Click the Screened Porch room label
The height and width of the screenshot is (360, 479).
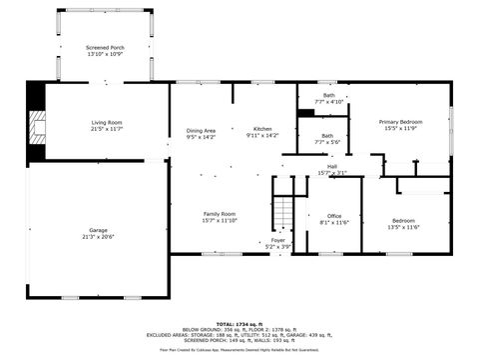104,47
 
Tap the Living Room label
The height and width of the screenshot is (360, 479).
105,121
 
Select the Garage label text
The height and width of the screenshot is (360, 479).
98,230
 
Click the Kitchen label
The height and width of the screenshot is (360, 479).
262,130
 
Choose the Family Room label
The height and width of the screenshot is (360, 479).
220,213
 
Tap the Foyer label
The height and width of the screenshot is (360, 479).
277,240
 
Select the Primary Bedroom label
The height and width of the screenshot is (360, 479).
400,121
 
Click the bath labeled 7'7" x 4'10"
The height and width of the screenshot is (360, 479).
328,95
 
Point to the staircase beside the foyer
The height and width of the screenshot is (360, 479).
285,212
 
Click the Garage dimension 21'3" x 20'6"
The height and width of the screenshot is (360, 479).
98,237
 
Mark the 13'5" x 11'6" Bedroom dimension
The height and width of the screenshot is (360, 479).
403,227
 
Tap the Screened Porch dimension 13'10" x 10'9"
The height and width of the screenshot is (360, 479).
104,54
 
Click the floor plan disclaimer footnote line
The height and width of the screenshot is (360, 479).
239,350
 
